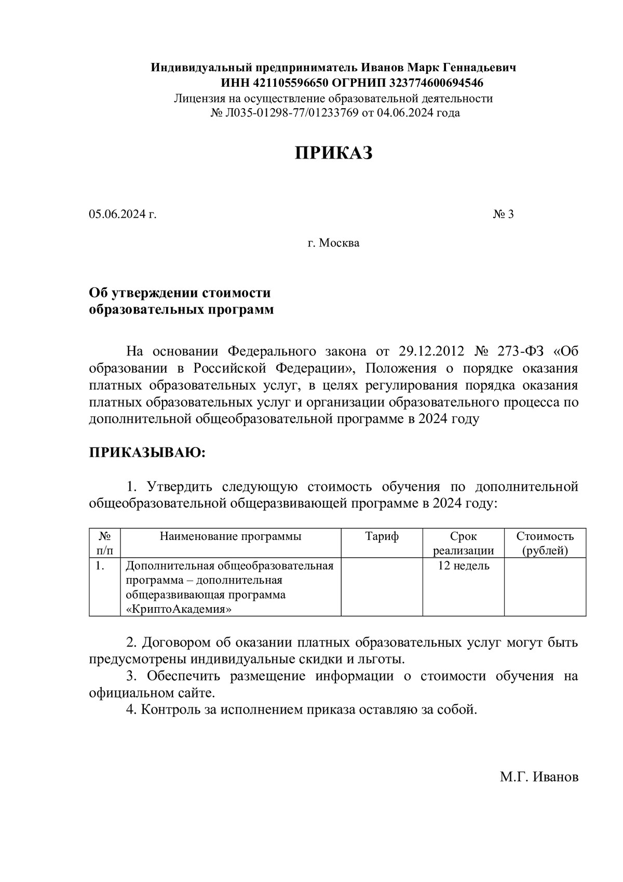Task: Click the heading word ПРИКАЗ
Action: coord(334,153)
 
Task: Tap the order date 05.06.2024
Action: coord(118,214)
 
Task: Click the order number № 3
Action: coord(503,214)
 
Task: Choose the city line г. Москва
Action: coord(333,243)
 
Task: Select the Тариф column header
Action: coord(382,537)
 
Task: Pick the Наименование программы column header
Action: coord(230,537)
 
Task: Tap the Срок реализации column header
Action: coord(463,544)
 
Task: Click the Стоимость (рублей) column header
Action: coord(545,544)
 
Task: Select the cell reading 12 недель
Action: coord(463,566)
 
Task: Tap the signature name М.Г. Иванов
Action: coord(539,778)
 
